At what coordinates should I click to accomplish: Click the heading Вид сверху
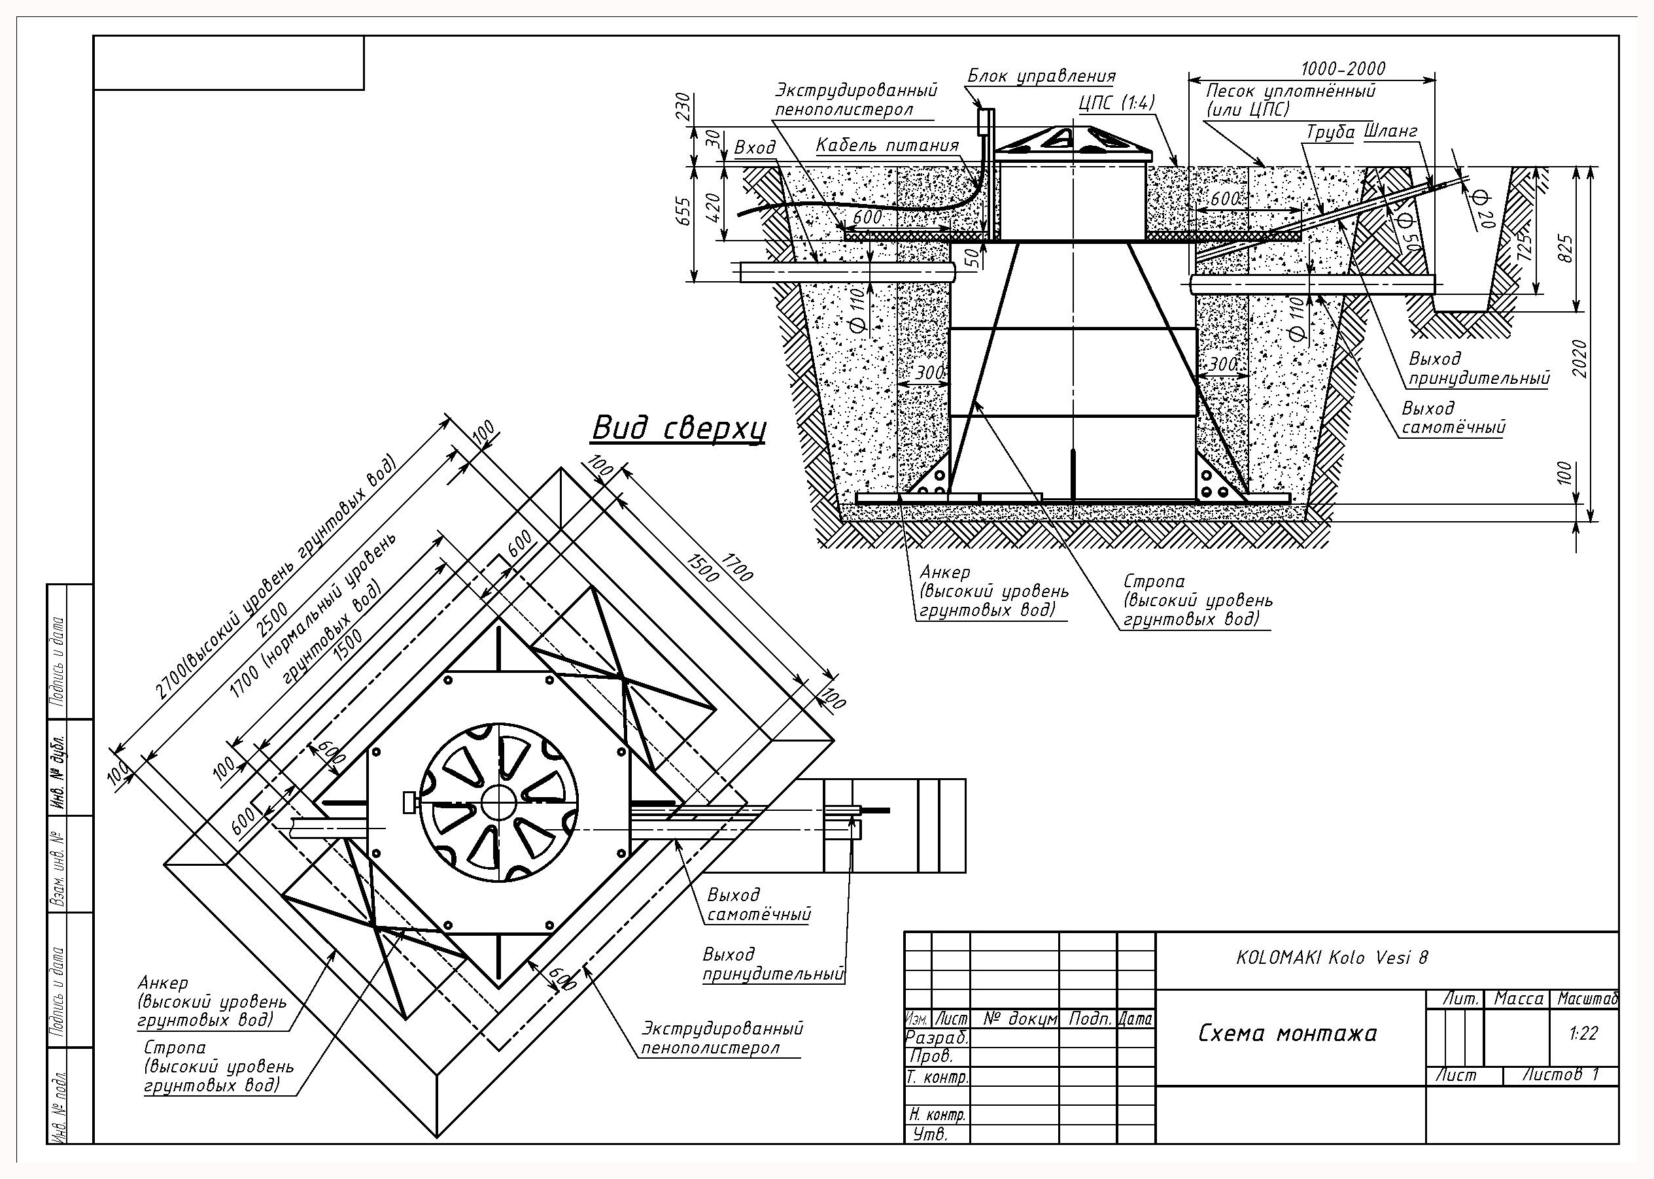(x=679, y=429)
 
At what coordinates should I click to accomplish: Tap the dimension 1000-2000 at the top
(x=1343, y=69)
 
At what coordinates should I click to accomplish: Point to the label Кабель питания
(x=887, y=145)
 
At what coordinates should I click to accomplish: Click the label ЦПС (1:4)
(x=1116, y=103)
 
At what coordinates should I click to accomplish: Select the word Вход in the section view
(x=755, y=148)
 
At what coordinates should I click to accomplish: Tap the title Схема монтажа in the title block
(x=1286, y=1033)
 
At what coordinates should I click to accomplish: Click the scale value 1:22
(x=1583, y=1033)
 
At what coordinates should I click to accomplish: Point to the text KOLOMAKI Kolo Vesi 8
(x=1332, y=957)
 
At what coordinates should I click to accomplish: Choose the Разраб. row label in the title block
(x=937, y=1038)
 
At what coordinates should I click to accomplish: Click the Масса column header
(x=1517, y=999)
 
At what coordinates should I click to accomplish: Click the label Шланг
(x=1390, y=131)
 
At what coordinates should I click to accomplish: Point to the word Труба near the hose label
(x=1331, y=133)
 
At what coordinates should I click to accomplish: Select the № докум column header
(x=1021, y=1019)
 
